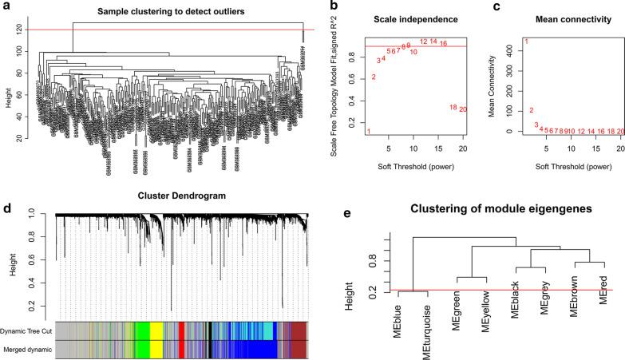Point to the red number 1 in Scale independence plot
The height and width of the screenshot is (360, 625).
point(369,131)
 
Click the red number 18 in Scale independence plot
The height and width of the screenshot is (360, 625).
point(453,107)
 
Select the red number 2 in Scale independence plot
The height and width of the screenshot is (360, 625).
point(374,77)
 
